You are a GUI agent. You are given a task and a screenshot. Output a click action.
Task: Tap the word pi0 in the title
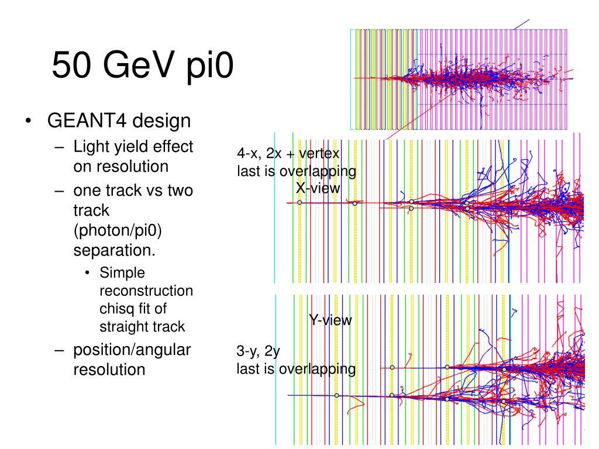[x=210, y=66]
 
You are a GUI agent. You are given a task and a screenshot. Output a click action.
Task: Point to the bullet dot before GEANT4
[x=28, y=121]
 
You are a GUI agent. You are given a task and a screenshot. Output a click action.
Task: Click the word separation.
[x=114, y=250]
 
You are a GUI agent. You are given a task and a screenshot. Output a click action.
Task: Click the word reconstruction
[x=146, y=291]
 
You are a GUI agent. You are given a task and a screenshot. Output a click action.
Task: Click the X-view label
[x=318, y=188]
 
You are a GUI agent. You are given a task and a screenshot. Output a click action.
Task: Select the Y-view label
[x=331, y=320]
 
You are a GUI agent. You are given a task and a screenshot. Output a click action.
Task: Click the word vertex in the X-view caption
[x=319, y=154]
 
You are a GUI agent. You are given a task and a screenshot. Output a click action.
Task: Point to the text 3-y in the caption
[x=248, y=351]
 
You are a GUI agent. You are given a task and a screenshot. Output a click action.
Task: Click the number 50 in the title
[x=71, y=65]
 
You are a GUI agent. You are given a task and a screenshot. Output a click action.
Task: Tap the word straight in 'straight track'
[x=124, y=327]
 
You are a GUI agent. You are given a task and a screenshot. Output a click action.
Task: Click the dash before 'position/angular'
[x=59, y=350]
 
